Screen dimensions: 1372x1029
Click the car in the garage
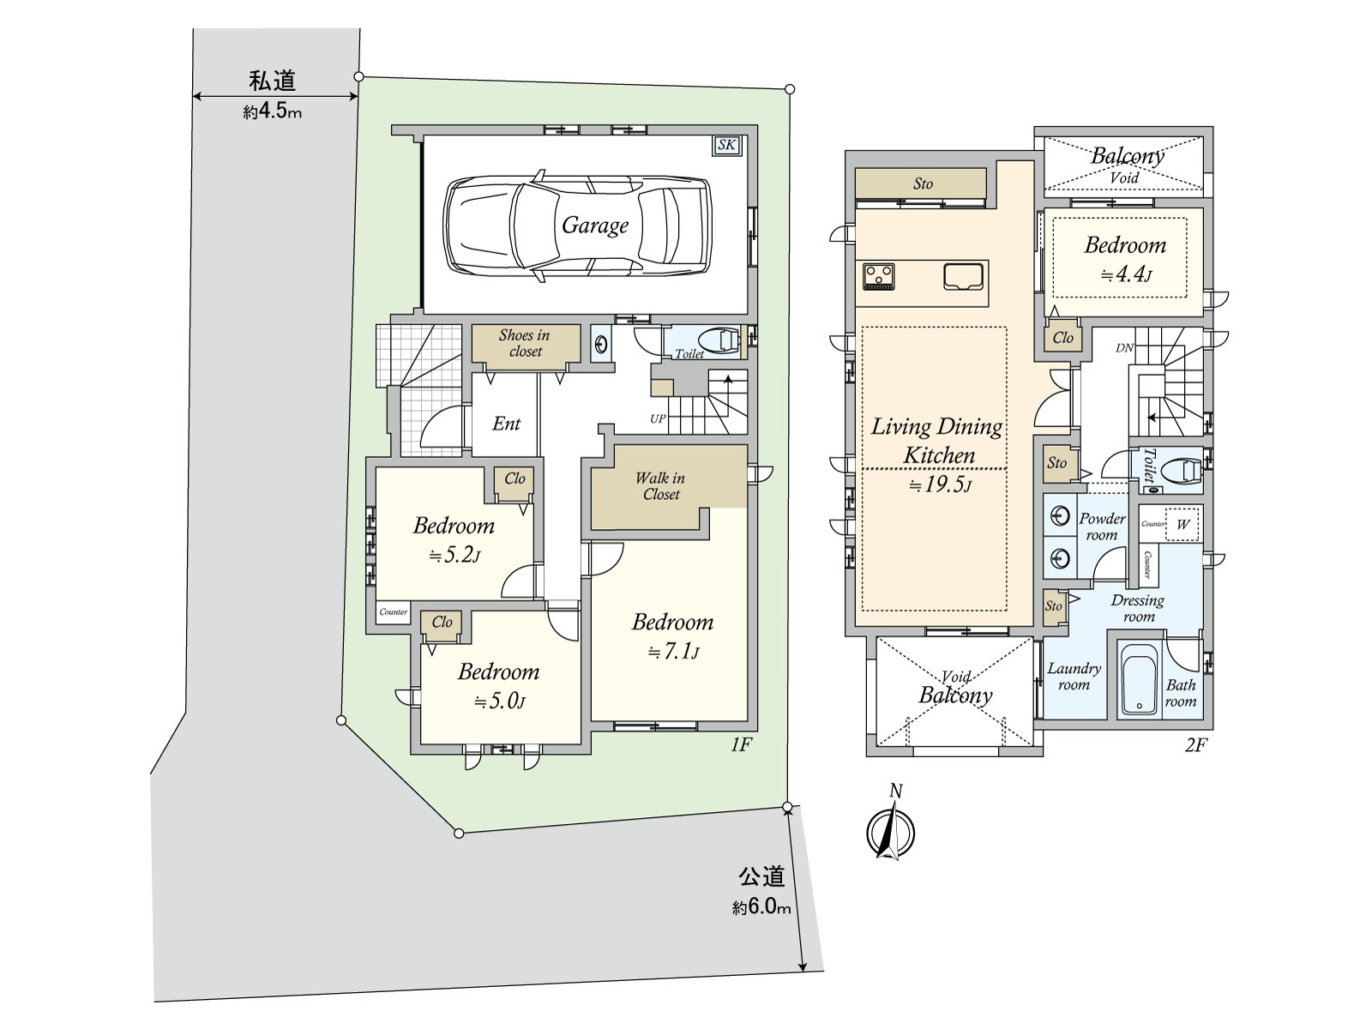tap(577, 226)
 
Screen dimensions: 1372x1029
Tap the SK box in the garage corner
tap(726, 145)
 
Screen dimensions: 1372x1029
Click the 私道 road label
tap(273, 81)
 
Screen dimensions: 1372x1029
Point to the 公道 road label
tap(761, 876)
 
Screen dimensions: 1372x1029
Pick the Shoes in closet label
tap(525, 343)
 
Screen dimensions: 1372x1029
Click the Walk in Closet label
tap(660, 486)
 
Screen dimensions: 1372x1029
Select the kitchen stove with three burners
tap(879, 277)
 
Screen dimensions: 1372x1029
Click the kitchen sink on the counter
tap(963, 277)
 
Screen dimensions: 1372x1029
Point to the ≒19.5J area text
tap(940, 484)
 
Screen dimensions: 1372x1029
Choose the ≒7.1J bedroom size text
tap(673, 652)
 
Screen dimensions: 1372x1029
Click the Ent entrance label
tap(506, 424)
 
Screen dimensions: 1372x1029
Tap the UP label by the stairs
tap(658, 418)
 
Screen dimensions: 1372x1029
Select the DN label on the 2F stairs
tap(1124, 348)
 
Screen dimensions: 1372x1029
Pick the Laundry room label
tap(1074, 677)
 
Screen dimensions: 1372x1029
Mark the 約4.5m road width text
tap(272, 111)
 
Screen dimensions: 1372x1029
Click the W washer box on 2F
tap(1182, 524)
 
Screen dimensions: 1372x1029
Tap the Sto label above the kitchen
tap(923, 183)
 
